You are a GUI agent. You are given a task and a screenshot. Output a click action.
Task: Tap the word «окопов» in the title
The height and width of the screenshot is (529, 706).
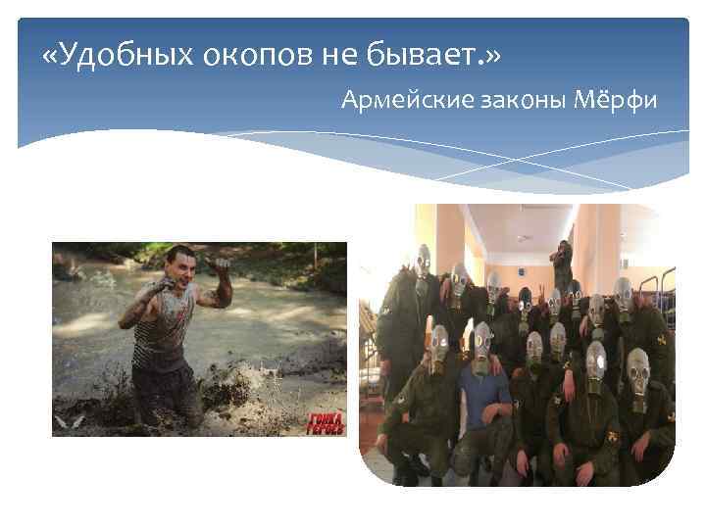tap(244, 56)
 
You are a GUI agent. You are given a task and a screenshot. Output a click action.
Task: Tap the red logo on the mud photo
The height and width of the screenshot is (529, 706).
tap(326, 422)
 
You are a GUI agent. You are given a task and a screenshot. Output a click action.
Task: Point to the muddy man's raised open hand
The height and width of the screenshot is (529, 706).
tap(221, 265)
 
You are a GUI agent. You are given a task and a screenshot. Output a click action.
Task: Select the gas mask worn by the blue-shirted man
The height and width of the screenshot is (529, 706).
tap(479, 346)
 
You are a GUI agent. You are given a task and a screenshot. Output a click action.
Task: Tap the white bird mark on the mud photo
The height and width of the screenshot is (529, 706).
tap(71, 420)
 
